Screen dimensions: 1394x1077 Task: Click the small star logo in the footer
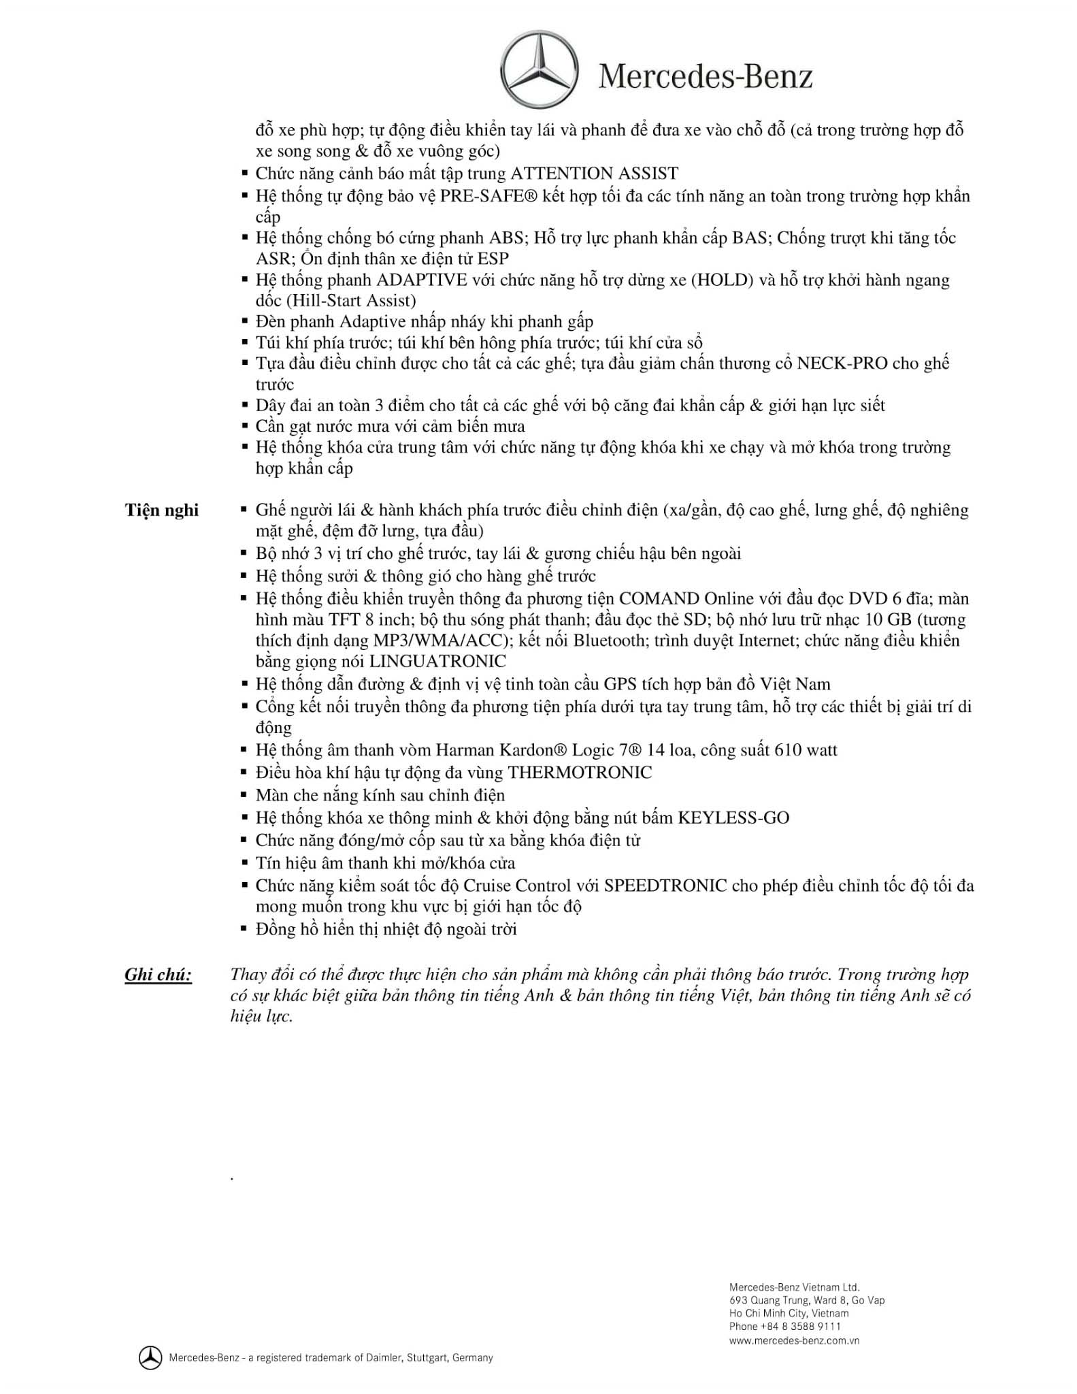[150, 1357]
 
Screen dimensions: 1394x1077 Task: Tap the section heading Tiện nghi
[162, 510]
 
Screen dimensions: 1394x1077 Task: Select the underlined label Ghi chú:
[158, 975]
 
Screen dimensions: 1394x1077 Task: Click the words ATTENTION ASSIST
[594, 174]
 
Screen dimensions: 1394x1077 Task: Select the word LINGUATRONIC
[437, 661]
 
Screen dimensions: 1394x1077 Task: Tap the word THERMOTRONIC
[580, 773]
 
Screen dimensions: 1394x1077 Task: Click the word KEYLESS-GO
[733, 817]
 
